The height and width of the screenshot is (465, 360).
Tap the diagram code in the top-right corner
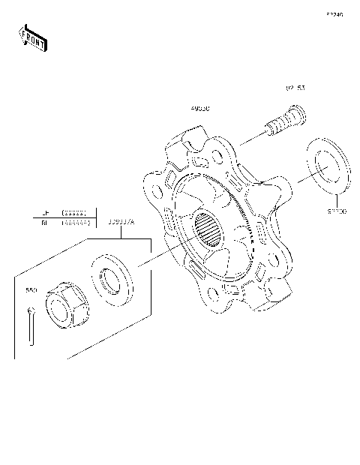[x=334, y=14]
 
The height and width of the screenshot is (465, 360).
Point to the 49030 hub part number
[x=199, y=109]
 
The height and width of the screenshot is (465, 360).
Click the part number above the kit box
[x=121, y=222]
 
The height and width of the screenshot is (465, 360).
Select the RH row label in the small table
[x=45, y=223]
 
